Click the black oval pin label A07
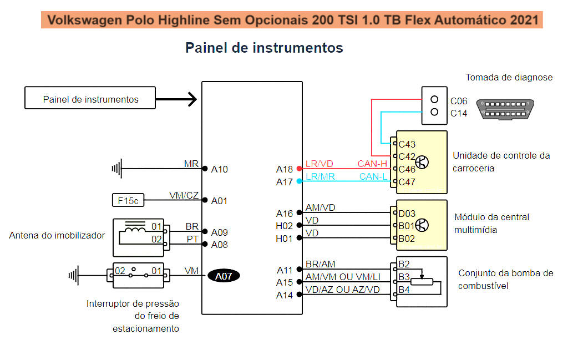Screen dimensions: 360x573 tap(224, 276)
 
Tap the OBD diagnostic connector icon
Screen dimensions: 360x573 tap(506, 109)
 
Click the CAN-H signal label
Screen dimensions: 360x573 tap(372, 164)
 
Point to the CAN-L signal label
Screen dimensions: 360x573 tap(373, 176)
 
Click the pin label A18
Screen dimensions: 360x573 tap(285, 169)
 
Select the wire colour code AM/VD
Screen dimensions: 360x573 tap(320, 208)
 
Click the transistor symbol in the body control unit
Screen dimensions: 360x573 tap(422, 163)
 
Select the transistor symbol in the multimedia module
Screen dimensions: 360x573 tap(422, 225)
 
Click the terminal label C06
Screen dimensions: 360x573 tap(459, 101)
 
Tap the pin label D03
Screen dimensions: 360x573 tap(407, 213)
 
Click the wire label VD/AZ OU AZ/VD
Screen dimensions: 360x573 tap(342, 290)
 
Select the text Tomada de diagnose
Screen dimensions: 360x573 tap(509, 77)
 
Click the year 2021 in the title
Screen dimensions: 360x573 tap(524, 20)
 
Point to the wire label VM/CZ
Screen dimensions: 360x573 tap(184, 195)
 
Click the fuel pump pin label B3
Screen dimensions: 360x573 tap(404, 276)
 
